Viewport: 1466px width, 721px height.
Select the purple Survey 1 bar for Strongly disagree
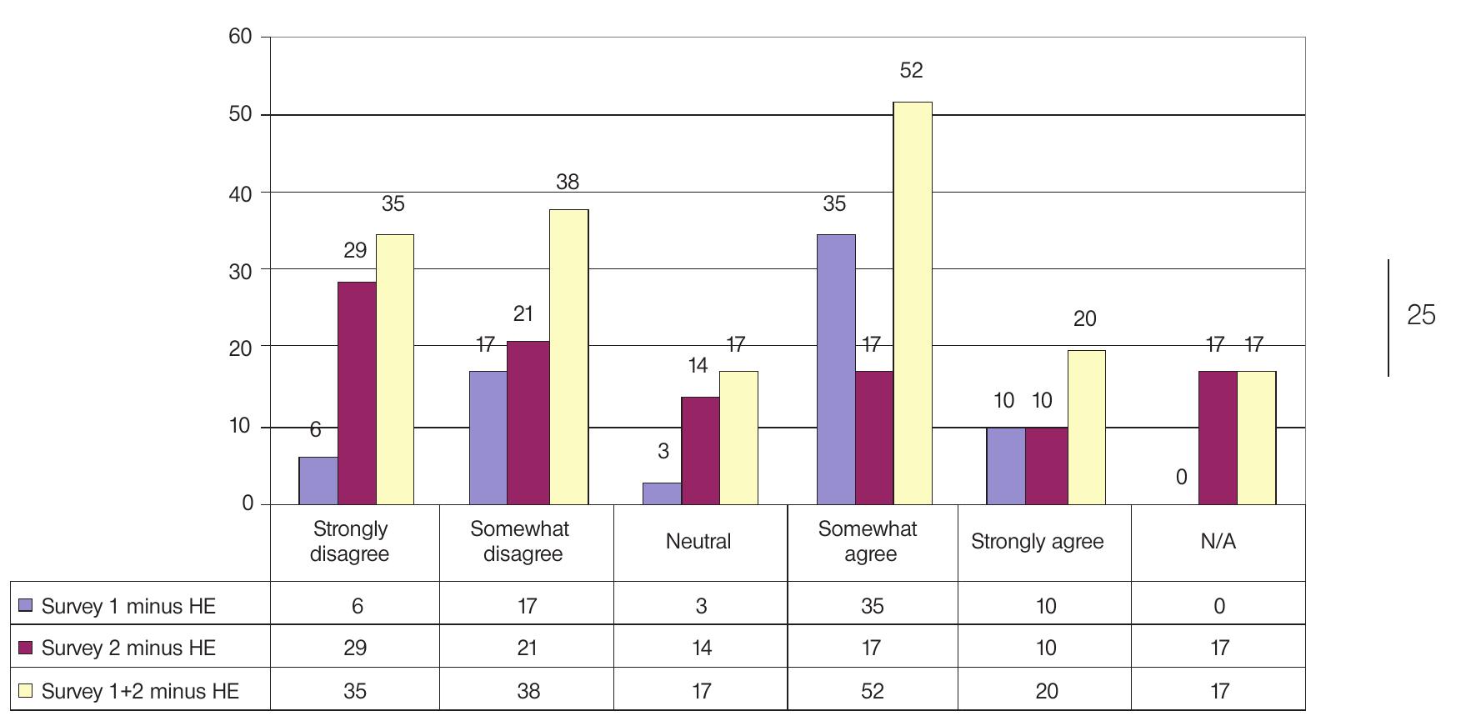(x=318, y=481)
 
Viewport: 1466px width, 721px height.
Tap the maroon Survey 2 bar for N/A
(x=1217, y=438)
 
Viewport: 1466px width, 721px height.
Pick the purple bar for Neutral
(x=662, y=493)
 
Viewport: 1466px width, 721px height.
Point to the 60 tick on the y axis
(x=241, y=38)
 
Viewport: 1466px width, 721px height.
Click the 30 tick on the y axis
(x=241, y=270)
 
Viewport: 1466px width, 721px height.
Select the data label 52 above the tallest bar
(x=911, y=71)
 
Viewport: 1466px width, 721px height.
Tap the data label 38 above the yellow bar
(x=567, y=183)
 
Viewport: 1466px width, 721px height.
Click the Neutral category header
(x=698, y=542)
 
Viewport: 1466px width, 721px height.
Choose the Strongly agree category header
(x=1037, y=542)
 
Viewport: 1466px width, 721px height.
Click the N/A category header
(x=1218, y=542)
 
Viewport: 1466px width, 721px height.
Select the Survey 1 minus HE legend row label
(x=128, y=606)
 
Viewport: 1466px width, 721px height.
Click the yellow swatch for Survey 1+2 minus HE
(x=25, y=691)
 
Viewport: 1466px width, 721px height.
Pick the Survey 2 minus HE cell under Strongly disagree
(x=355, y=648)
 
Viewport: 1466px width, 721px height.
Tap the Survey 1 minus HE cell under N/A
(x=1218, y=606)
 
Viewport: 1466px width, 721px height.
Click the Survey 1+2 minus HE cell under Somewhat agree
(x=872, y=691)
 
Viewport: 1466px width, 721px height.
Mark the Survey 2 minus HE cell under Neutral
(x=701, y=648)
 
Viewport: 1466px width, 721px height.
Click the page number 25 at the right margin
(x=1421, y=315)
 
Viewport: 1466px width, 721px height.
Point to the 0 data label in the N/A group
(x=1181, y=478)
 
